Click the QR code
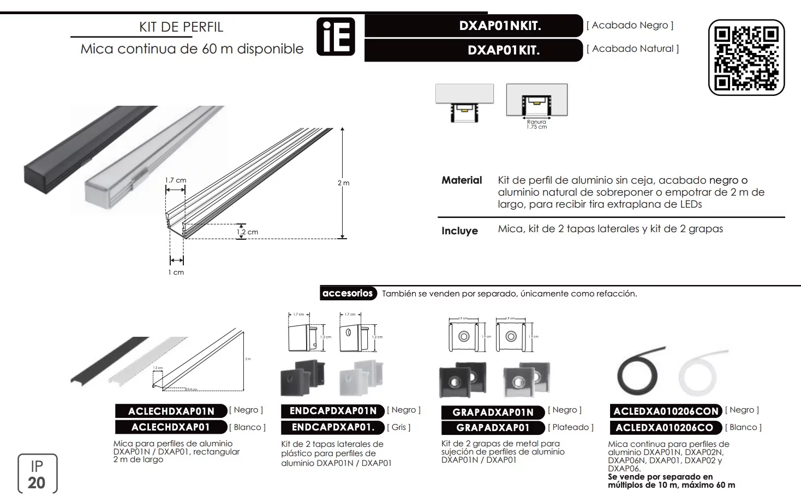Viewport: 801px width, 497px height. click(x=746, y=58)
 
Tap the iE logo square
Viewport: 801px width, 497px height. click(x=336, y=37)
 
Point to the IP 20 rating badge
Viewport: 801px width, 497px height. click(x=37, y=474)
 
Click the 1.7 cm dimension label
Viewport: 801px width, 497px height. click(x=176, y=180)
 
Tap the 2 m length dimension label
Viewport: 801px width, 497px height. click(x=343, y=183)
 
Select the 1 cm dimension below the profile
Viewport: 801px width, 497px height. click(x=176, y=272)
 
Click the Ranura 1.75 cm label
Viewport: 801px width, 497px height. click(x=536, y=124)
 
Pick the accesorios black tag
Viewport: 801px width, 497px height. click(x=348, y=293)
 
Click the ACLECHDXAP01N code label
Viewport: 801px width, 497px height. click(x=171, y=411)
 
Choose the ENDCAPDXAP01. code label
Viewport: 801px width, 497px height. click(x=333, y=427)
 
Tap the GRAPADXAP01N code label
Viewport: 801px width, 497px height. click(x=493, y=412)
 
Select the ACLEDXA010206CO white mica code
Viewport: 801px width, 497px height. click(x=664, y=428)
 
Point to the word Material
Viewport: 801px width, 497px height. click(x=462, y=180)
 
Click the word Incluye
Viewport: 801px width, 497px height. click(x=459, y=231)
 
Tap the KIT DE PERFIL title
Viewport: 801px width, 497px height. click(x=181, y=27)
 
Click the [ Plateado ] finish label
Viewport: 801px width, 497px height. click(x=571, y=427)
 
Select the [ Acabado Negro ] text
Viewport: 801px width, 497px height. click(x=630, y=25)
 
